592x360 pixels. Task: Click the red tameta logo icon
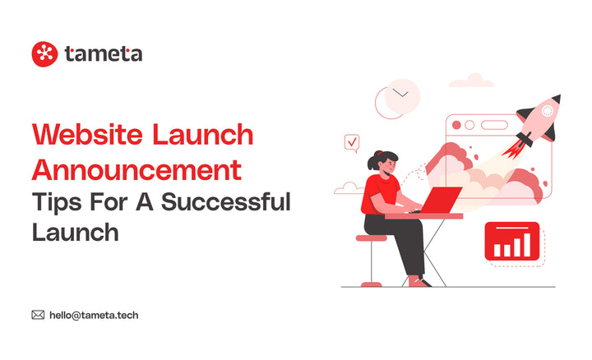[x=44, y=53]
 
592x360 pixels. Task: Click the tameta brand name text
[x=103, y=54]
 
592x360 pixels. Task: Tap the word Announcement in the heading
[x=136, y=170]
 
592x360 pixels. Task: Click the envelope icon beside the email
[x=38, y=314]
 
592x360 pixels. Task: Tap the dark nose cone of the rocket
[x=554, y=102]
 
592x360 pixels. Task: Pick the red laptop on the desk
[x=444, y=200]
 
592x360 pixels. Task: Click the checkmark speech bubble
[x=352, y=143]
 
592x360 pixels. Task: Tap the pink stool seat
[x=372, y=238]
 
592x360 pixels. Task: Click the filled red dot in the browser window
[x=456, y=125]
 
